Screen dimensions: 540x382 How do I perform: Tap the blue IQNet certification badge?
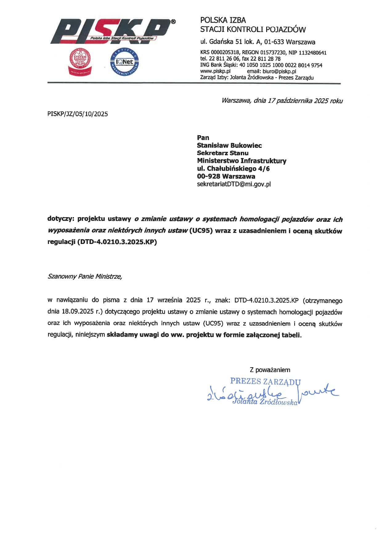(124, 62)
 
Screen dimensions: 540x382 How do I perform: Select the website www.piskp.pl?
(215, 71)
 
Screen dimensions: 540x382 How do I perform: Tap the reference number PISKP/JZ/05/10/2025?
(78, 114)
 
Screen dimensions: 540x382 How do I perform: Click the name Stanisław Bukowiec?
(229, 145)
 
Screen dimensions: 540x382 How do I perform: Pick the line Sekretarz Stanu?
(222, 153)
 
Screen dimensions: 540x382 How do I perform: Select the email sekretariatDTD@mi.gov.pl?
(234, 184)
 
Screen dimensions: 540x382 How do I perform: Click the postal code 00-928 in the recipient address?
(208, 177)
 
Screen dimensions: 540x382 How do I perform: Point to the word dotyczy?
(61, 219)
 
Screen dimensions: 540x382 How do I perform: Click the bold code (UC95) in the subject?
(201, 230)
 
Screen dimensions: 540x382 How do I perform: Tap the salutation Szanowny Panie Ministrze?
(85, 276)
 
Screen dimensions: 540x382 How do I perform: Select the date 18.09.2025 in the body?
(78, 311)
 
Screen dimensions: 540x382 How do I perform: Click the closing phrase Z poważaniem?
(270, 370)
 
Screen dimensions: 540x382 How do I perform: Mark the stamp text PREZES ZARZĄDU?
(265, 381)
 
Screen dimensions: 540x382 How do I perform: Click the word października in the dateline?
(294, 101)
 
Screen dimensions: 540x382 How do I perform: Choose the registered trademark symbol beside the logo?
(173, 22)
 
